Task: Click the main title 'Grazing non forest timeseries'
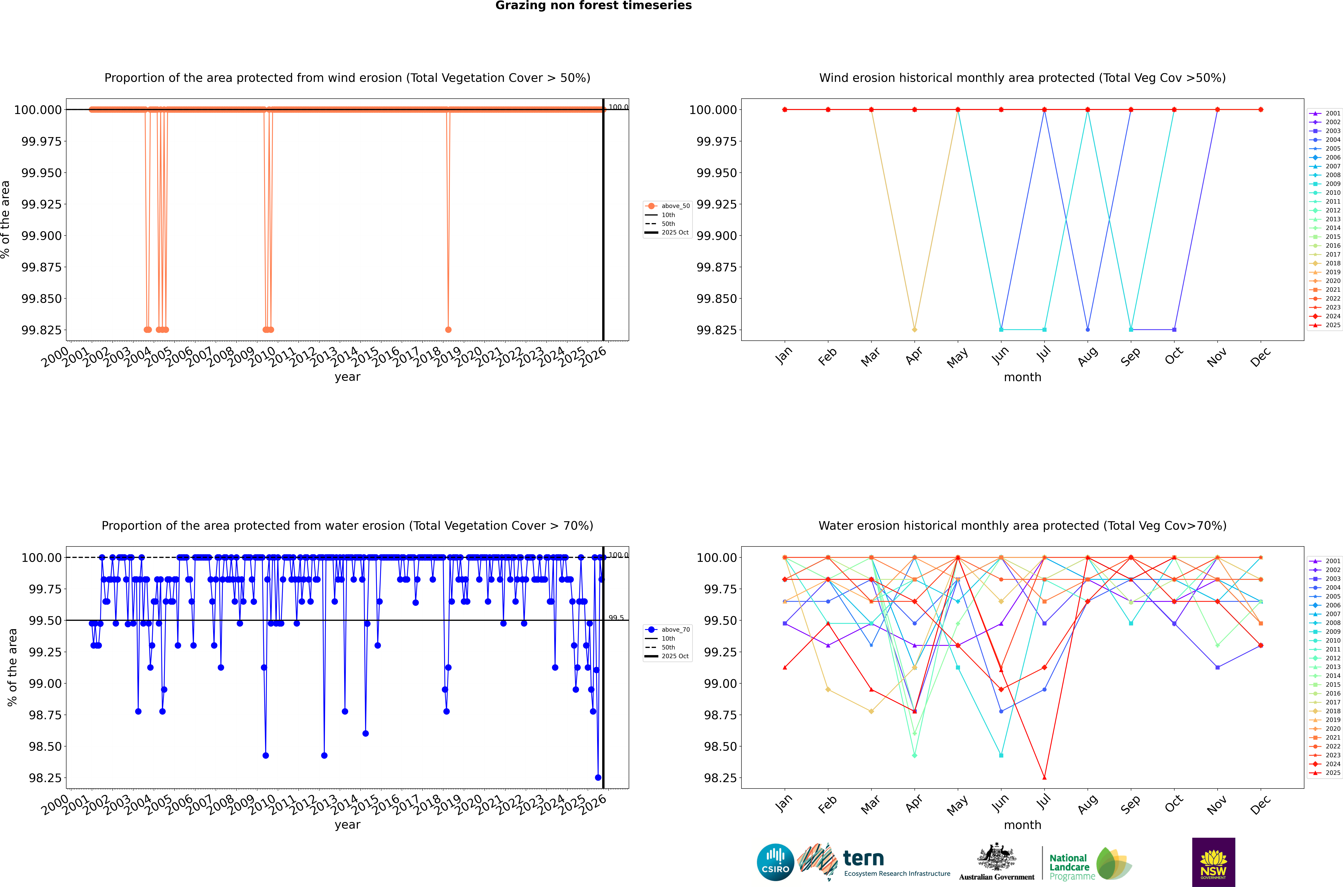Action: point(593,6)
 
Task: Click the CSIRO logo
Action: point(775,862)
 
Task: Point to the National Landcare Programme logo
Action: point(1089,864)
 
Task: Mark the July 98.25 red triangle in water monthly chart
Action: point(1044,777)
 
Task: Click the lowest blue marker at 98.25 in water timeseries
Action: point(598,777)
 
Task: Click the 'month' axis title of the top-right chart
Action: point(1022,377)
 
